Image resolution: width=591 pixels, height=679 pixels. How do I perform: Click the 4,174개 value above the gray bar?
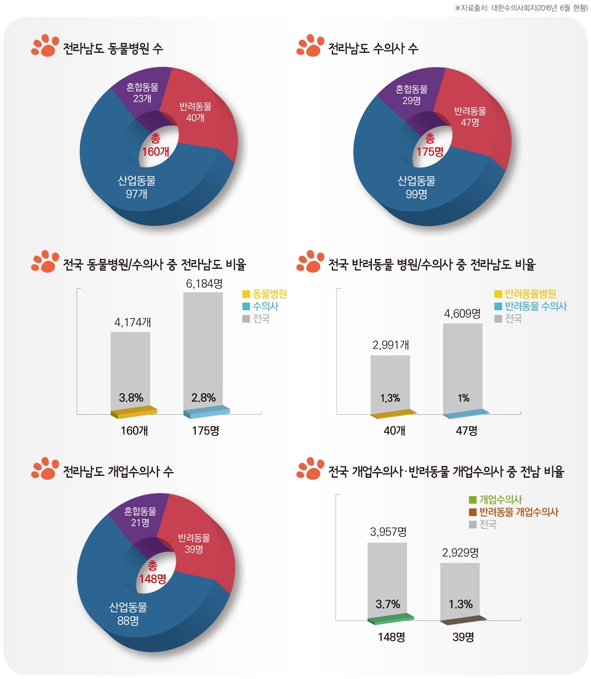[x=130, y=322]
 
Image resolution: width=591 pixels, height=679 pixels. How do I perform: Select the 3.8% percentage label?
[x=131, y=397]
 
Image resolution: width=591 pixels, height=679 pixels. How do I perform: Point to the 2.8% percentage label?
[x=203, y=397]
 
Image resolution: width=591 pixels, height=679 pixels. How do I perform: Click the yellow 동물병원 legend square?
[x=246, y=294]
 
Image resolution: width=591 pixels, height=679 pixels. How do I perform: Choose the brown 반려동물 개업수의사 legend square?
[x=472, y=512]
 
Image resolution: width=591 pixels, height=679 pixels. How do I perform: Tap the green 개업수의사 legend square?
[x=472, y=500]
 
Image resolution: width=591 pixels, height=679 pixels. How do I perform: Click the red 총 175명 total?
[x=430, y=145]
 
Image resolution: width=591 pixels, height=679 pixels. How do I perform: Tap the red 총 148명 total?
[x=153, y=572]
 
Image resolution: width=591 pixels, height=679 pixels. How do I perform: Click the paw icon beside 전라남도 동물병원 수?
[x=43, y=47]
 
